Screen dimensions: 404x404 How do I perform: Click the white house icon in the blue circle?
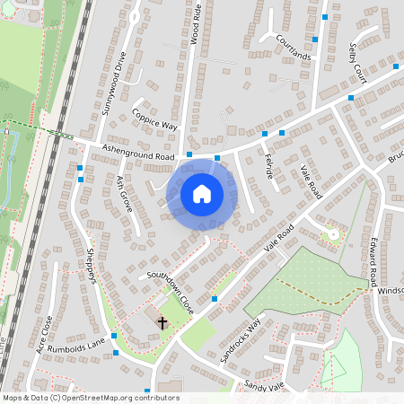point(201,193)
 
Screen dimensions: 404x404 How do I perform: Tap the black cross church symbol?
point(162,322)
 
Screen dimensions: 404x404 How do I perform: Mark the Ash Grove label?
point(123,193)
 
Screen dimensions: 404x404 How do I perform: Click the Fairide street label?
point(268,164)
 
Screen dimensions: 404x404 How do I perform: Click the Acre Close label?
point(45,336)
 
